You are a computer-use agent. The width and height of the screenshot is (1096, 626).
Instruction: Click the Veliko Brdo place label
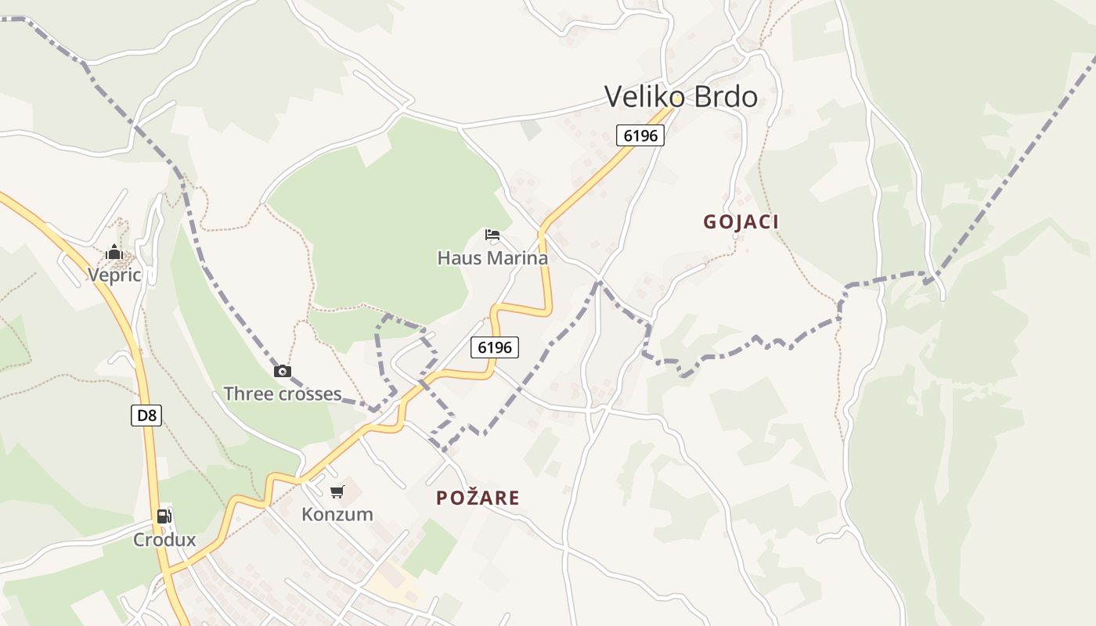(x=681, y=97)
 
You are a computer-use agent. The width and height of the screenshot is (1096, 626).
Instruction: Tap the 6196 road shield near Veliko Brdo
(x=640, y=135)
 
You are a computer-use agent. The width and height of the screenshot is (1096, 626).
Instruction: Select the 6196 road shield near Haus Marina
(x=495, y=347)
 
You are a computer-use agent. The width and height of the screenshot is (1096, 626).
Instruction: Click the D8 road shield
(x=146, y=416)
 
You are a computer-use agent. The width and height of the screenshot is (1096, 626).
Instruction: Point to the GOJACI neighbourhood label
(x=741, y=222)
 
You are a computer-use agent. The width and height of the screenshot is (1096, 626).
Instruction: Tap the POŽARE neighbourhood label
(x=478, y=498)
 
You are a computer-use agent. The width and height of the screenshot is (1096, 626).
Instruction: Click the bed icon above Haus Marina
(x=492, y=234)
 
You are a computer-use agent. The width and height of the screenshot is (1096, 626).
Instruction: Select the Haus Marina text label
(x=492, y=257)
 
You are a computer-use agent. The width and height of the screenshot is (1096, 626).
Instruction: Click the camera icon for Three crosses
(x=283, y=371)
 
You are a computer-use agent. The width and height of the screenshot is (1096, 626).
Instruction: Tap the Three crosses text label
(x=283, y=394)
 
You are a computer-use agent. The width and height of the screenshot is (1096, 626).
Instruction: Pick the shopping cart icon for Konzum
(x=337, y=491)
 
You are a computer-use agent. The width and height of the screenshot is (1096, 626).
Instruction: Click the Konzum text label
(x=337, y=514)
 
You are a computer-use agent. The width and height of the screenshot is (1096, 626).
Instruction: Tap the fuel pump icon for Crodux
(x=164, y=516)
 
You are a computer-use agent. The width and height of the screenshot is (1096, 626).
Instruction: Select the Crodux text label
(x=164, y=540)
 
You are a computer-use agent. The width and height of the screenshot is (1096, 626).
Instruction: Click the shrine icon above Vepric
(x=114, y=252)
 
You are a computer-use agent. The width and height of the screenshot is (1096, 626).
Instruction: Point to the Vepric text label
(x=114, y=275)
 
